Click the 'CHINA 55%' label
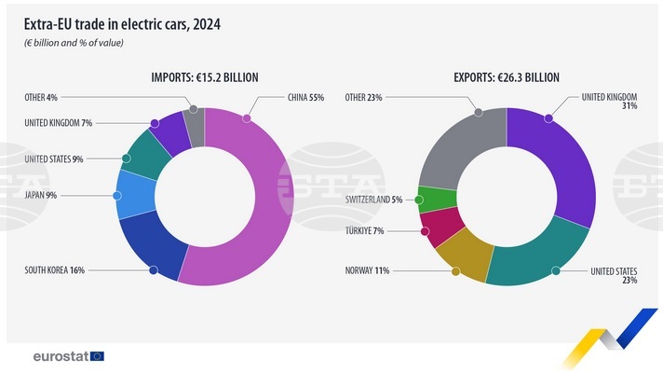coord(306,97)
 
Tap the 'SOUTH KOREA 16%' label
coord(54,270)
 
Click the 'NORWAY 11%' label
coord(367,270)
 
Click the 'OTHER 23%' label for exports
coord(364,97)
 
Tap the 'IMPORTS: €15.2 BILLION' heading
coord(205,78)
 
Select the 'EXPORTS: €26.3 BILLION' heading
coord(507,78)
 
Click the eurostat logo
coord(68,355)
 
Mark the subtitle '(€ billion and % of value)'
coord(74,43)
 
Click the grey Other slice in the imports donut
coord(195,125)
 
